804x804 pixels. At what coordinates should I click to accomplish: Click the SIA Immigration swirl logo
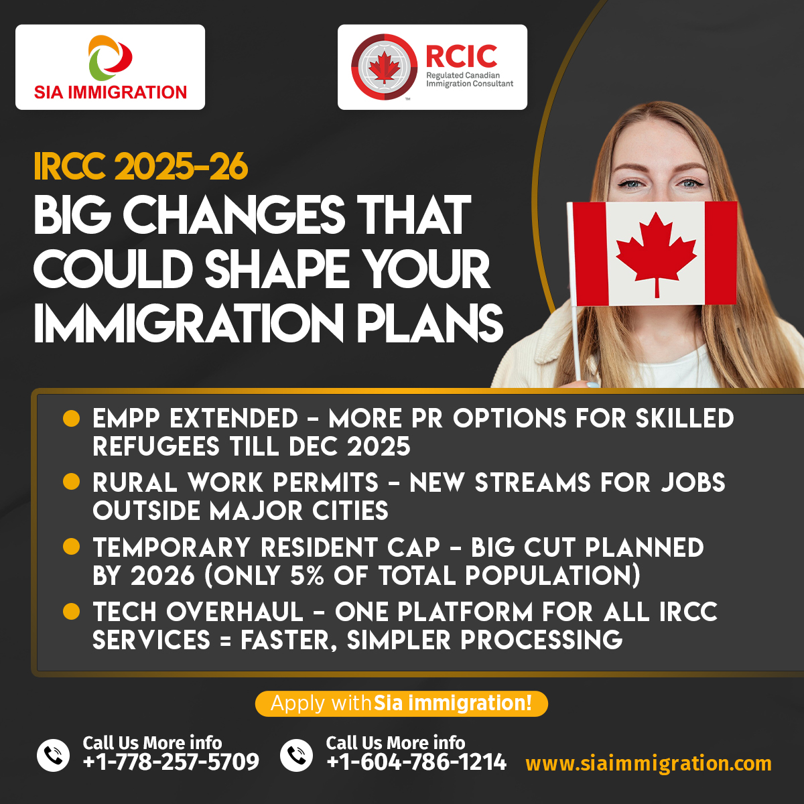[110, 58]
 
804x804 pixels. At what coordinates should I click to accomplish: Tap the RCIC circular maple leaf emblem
[384, 67]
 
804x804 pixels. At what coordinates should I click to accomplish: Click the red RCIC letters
[462, 56]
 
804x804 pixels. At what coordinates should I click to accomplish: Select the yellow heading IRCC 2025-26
[141, 167]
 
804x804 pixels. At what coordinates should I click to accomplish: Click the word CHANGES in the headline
[234, 215]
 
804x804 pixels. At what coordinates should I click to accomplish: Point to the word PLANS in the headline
[429, 323]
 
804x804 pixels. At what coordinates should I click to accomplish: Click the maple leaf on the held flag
[657, 255]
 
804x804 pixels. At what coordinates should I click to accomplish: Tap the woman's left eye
[691, 184]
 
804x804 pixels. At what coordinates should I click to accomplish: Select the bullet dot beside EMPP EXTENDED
[71, 418]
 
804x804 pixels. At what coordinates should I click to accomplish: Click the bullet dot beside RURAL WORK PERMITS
[71, 481]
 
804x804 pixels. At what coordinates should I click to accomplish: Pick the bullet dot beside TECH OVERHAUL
[71, 612]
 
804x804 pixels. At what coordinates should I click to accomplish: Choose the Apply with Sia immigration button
[401, 703]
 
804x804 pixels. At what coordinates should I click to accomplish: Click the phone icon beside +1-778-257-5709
[54, 755]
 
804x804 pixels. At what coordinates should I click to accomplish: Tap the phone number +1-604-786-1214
[416, 762]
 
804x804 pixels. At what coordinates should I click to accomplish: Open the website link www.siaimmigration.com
[649, 764]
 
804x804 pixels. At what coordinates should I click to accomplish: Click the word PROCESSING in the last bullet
[541, 640]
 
